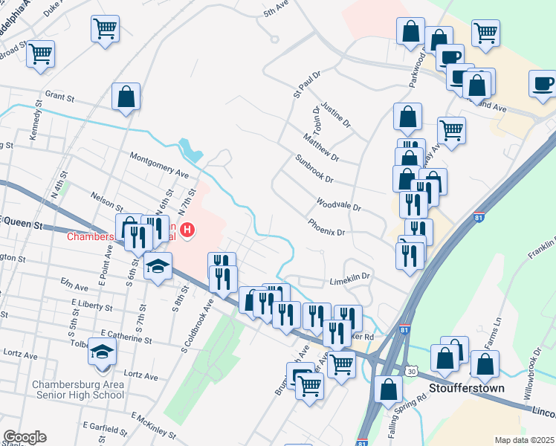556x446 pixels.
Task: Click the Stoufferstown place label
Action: (x=466, y=388)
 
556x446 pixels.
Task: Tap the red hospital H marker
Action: (x=189, y=231)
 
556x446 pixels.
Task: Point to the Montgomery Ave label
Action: (x=159, y=164)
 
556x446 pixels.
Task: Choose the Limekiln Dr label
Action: (x=350, y=280)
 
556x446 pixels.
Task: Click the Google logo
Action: (x=25, y=437)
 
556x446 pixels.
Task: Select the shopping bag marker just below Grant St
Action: (x=126, y=97)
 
